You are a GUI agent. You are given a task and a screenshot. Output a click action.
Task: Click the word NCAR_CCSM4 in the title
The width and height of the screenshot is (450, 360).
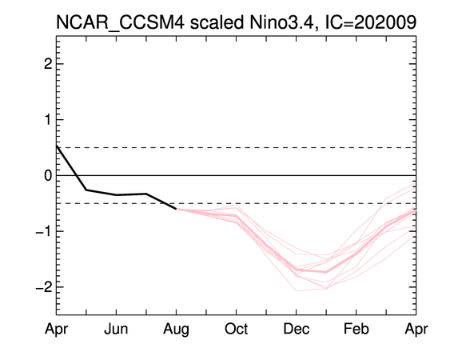(120, 22)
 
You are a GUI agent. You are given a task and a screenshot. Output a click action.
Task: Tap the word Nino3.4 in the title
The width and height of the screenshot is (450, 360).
(284, 22)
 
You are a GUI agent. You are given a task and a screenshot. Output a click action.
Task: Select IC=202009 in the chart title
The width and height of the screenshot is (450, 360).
(371, 22)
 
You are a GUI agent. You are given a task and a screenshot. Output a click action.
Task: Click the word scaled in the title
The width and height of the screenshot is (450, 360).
(217, 22)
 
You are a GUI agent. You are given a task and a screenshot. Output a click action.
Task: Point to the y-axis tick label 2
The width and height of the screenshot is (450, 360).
(48, 64)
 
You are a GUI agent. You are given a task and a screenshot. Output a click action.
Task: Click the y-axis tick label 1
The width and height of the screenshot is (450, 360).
(48, 119)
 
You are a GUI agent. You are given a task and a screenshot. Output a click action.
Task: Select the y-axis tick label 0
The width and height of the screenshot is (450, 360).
(48, 175)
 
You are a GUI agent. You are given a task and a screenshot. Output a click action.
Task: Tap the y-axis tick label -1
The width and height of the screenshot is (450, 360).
(44, 231)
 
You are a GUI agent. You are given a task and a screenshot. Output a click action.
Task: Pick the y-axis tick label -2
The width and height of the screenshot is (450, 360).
(44, 286)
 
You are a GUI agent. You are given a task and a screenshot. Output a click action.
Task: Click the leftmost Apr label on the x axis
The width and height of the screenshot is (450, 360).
(56, 330)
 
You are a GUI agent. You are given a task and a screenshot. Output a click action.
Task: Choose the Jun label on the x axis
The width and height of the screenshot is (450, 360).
(116, 329)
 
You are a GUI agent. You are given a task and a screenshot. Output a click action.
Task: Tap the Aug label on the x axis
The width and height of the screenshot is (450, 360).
(176, 330)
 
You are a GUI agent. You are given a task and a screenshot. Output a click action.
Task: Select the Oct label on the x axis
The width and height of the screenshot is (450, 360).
(237, 329)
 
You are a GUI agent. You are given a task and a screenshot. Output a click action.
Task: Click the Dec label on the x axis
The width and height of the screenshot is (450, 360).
(297, 329)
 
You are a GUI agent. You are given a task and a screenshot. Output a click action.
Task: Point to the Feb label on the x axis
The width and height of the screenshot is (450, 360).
(356, 329)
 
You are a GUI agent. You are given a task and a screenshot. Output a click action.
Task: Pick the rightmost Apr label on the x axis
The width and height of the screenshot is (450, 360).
(416, 330)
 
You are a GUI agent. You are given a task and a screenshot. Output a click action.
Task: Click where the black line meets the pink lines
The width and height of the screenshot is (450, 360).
(176, 209)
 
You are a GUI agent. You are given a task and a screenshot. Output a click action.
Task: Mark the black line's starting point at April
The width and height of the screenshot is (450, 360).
(57, 146)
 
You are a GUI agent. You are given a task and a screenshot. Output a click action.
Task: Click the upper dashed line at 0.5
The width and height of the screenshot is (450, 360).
(237, 148)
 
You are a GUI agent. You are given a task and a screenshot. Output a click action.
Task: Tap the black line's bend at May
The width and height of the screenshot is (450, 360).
(86, 190)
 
